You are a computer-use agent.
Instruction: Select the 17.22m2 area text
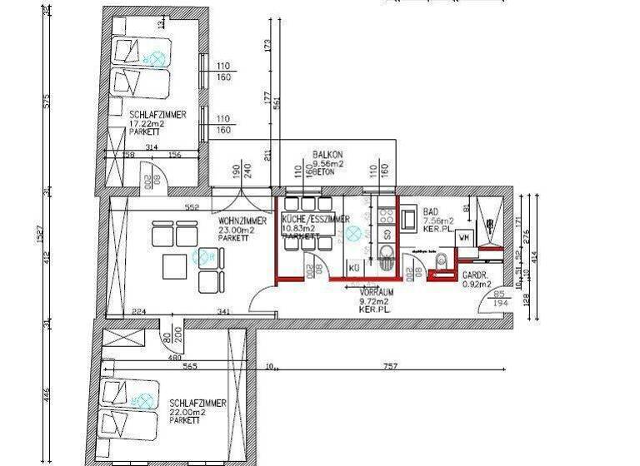[147, 124]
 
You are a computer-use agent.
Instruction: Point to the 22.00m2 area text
[187, 412]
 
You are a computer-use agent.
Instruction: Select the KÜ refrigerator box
[354, 268]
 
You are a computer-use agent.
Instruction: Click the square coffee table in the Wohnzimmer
[175, 266]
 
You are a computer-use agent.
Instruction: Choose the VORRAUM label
[376, 294]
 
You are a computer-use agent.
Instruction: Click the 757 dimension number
[390, 366]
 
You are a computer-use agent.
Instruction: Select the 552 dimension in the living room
[192, 206]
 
